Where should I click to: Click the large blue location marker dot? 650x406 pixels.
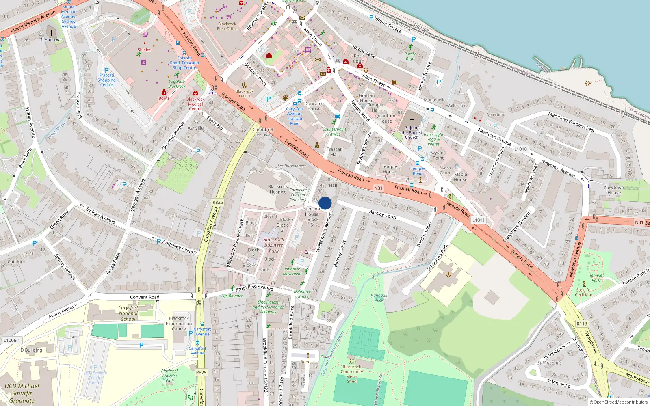tap(325, 203)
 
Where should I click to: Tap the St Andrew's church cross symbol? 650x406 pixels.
tap(51, 33)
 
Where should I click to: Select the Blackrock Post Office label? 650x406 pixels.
tap(227, 26)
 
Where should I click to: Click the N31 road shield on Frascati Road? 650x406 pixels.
tap(378, 188)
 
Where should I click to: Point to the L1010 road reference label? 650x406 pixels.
tap(520, 149)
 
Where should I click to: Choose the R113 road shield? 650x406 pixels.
tap(582, 324)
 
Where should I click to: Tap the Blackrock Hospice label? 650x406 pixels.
tap(278, 189)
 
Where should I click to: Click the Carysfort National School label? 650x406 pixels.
tap(128, 313)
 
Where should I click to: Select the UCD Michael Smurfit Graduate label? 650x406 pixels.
tap(22, 393)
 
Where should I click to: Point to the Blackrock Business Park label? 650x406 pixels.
tap(274, 245)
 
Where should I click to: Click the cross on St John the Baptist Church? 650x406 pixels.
tap(412, 121)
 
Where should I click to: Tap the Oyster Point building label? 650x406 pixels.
tap(438, 155)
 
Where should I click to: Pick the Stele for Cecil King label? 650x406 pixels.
tap(584, 292)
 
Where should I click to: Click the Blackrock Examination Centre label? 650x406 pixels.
tap(179, 324)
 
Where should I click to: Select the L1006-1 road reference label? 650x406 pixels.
tap(11, 340)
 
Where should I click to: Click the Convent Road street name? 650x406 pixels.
tap(145, 297)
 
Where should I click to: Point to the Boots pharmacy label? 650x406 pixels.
tap(164, 98)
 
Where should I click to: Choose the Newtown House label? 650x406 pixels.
tap(614, 190)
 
